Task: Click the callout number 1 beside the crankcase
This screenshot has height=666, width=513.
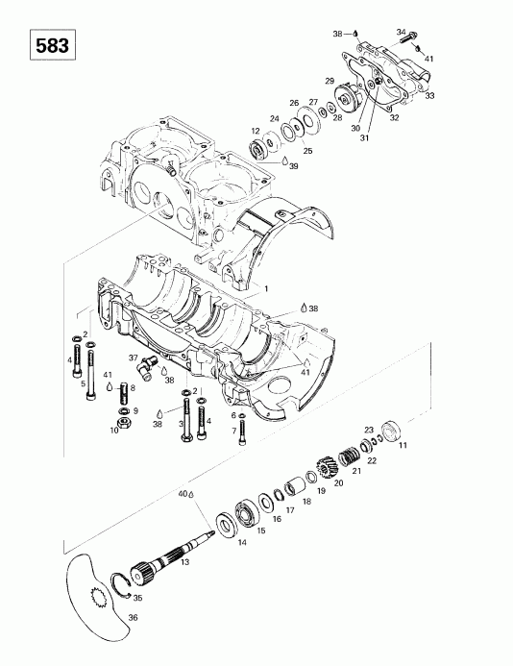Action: click(266, 287)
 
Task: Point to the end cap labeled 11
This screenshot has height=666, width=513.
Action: click(391, 430)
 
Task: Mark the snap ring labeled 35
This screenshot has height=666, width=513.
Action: click(123, 587)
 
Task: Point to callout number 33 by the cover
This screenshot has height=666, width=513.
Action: click(429, 95)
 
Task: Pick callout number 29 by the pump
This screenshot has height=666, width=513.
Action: click(330, 82)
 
